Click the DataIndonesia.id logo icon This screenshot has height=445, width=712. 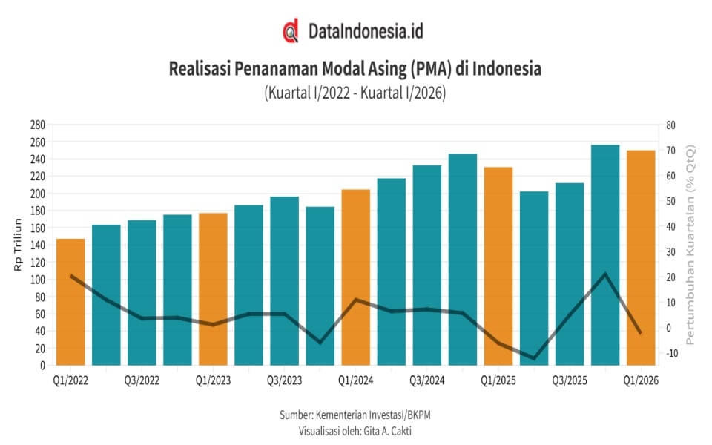291,31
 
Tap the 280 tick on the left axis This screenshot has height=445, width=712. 39,125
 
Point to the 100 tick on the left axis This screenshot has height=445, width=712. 39,280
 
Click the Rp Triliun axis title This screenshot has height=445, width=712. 19,245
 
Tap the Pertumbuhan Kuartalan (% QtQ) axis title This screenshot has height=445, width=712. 690,245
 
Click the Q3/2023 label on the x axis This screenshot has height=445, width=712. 285,380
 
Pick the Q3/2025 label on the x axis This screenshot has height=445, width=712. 570,380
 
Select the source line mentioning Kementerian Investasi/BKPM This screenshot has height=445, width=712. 355,415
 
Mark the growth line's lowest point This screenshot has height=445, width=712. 534,358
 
